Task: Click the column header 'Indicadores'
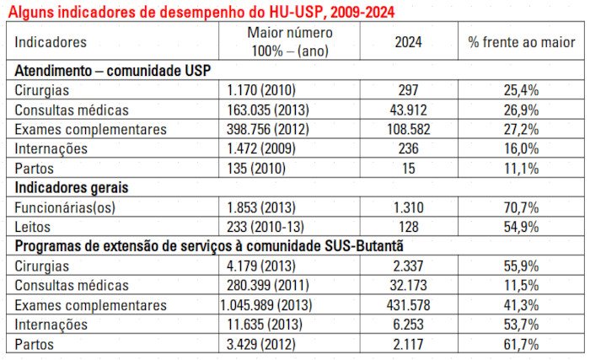pos(51,41)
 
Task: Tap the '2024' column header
pos(409,41)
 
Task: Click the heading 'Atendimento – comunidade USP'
pos(111,70)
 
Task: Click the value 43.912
pos(409,110)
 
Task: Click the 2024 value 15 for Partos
pos(409,168)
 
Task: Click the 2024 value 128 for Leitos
pos(409,227)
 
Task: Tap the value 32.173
pos(409,286)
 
